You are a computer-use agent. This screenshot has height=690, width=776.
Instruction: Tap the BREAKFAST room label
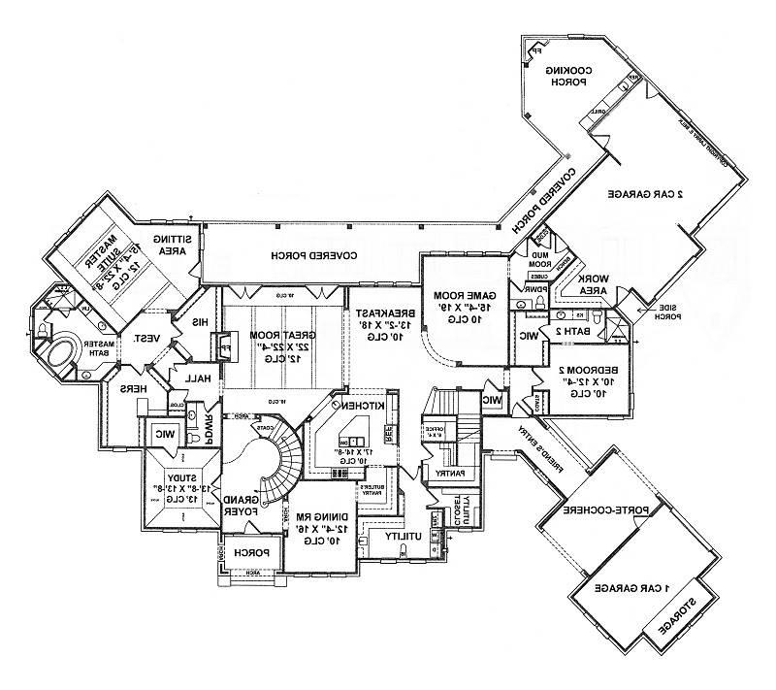point(380,312)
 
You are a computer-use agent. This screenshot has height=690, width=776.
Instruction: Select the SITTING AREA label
point(178,245)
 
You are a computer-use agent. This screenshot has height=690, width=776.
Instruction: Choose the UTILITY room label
point(400,536)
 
